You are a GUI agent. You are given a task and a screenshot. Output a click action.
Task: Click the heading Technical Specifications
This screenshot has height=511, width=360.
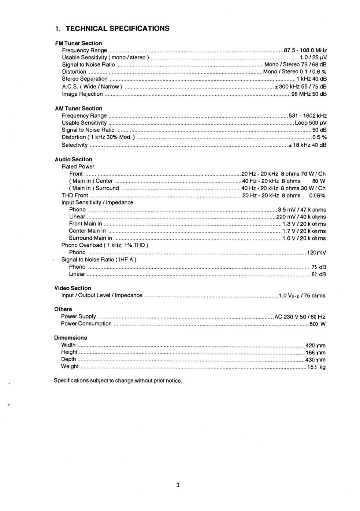[x=112, y=29]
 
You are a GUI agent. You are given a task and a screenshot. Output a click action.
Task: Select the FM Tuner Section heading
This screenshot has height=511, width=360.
[x=78, y=43]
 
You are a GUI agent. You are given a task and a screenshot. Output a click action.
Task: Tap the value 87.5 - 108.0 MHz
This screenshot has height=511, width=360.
[x=305, y=50]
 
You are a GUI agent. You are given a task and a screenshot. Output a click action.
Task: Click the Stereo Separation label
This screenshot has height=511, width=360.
[x=85, y=79]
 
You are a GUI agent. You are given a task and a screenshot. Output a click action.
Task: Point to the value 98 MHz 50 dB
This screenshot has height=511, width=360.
[x=309, y=94]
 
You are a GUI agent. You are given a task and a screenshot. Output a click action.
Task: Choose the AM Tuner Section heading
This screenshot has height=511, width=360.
[x=78, y=109]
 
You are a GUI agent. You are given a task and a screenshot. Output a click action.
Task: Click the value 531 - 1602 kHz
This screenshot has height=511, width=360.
[x=308, y=116]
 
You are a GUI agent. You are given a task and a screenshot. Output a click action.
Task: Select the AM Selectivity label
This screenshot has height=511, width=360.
[x=75, y=145]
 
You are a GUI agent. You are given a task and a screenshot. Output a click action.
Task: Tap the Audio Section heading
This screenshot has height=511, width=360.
[x=73, y=159]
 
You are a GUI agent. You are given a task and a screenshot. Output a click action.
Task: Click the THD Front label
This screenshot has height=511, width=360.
[x=75, y=195]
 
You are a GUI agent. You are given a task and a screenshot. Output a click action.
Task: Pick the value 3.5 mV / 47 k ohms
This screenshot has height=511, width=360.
[x=302, y=210]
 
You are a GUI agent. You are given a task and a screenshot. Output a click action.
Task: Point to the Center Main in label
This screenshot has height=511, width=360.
[x=87, y=231]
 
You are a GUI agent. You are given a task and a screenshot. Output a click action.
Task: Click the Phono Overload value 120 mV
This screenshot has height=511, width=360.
[x=316, y=253]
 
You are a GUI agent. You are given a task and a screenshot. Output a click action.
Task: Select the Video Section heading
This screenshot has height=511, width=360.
[x=73, y=288]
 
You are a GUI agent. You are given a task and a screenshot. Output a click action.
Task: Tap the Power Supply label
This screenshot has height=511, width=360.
[x=78, y=316]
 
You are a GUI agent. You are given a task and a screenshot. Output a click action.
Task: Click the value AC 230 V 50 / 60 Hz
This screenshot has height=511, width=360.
[x=300, y=317]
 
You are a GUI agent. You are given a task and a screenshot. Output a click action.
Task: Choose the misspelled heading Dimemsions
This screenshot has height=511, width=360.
[x=71, y=338]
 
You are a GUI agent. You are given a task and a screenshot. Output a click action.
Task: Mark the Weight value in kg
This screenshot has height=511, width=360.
[x=316, y=367]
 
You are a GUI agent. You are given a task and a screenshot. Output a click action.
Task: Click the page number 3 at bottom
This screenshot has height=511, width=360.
[x=178, y=485]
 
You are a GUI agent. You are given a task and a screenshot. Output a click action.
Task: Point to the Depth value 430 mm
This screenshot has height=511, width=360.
[x=315, y=360]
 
